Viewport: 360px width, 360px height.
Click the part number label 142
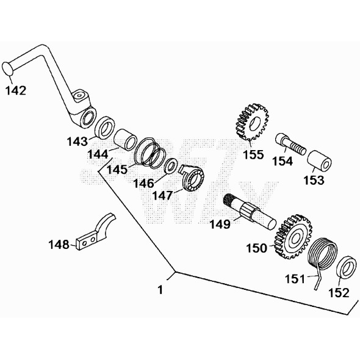tap(16, 91)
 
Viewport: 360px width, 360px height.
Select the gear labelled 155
tap(251, 124)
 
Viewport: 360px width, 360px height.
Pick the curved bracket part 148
tap(95, 232)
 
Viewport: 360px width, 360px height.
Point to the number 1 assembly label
tap(160, 290)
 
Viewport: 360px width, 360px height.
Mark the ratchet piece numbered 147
tap(195, 178)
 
